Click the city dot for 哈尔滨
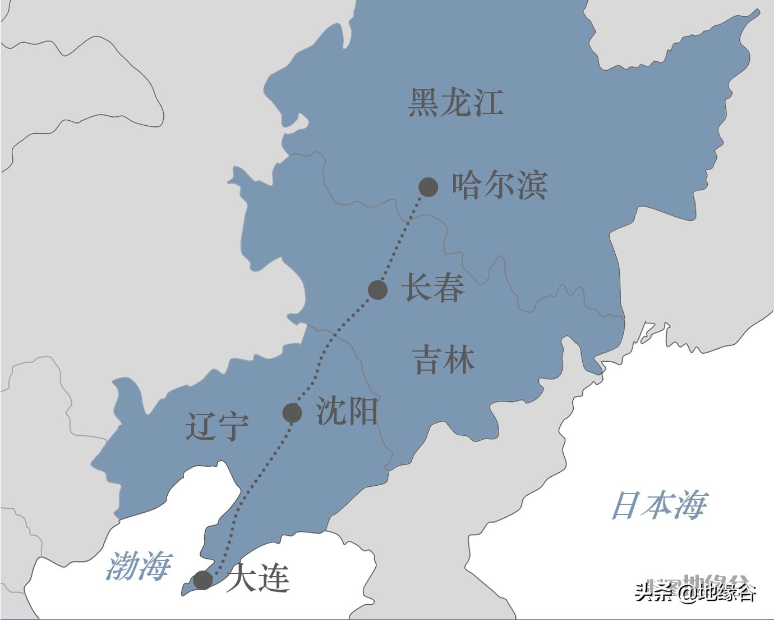click(429, 186)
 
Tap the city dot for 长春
click(378, 290)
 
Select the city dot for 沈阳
click(292, 413)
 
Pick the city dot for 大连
click(202, 580)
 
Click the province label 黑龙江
click(455, 103)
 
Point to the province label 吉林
click(444, 360)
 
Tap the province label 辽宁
click(217, 427)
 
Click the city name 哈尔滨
click(500, 185)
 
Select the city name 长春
click(433, 288)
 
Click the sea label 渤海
click(139, 566)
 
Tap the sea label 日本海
click(659, 505)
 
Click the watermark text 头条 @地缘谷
click(695, 592)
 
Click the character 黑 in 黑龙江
click(423, 103)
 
